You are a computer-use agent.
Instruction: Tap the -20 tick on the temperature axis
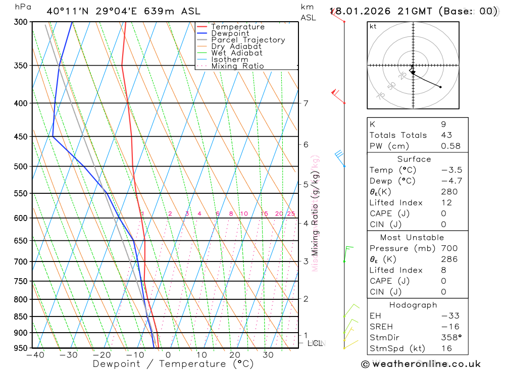tap(102, 355)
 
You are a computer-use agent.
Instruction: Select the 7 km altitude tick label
tap(306, 103)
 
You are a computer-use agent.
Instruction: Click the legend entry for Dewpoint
tap(230, 34)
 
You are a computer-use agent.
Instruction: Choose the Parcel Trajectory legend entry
tap(247, 40)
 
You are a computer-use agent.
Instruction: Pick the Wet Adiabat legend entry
tap(236, 53)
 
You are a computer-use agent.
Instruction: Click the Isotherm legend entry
tap(230, 60)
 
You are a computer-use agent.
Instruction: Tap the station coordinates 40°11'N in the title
tap(66, 11)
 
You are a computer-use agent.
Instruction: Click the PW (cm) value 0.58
tap(450, 146)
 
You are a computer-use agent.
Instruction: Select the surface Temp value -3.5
tap(451, 170)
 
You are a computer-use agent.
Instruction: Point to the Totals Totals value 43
tap(446, 135)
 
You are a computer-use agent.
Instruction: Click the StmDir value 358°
tap(451, 338)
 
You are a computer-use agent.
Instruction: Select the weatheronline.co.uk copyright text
tap(421, 364)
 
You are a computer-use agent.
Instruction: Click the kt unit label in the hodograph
tap(373, 26)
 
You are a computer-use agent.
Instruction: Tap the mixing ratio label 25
tap(291, 214)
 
